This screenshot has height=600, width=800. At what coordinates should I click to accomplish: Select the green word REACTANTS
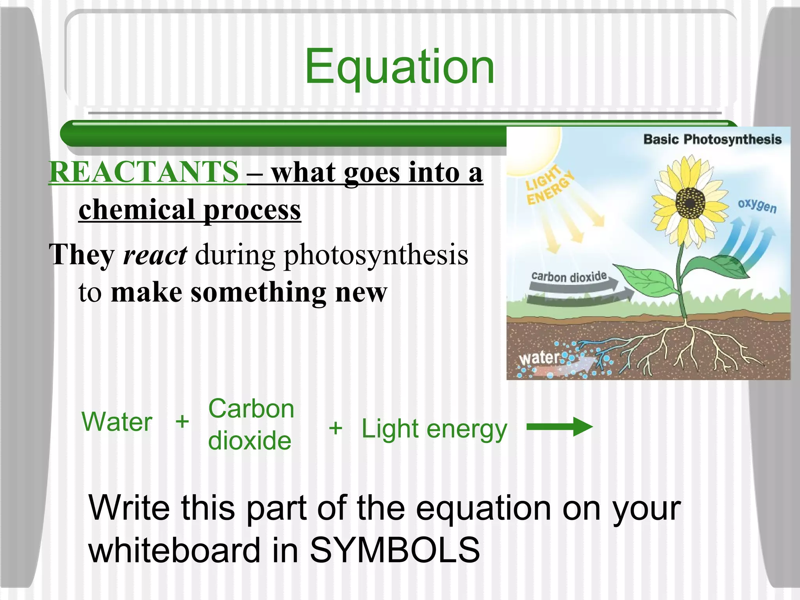[x=144, y=172]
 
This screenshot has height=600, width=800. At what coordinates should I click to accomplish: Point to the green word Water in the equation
[x=116, y=422]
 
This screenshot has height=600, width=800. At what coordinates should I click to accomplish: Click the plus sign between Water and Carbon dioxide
[x=182, y=422]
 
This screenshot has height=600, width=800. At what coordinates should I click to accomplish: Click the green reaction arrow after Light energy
[x=559, y=427]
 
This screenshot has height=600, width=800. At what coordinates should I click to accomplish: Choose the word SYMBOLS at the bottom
[x=395, y=550]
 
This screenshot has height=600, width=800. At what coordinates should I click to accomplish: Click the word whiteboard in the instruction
[x=174, y=550]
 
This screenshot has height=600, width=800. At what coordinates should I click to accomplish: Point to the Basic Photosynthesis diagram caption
[x=712, y=139]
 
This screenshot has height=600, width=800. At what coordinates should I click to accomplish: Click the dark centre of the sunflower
[x=690, y=203]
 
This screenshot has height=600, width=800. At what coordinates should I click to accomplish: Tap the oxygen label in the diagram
[x=757, y=205]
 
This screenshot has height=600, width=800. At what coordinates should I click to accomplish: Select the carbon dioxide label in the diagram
[x=569, y=277]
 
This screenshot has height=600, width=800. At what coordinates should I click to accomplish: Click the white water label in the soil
[x=539, y=357]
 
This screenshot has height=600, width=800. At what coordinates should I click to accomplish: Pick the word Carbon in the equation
[x=251, y=409]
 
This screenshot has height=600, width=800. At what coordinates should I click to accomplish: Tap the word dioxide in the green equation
[x=250, y=441]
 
